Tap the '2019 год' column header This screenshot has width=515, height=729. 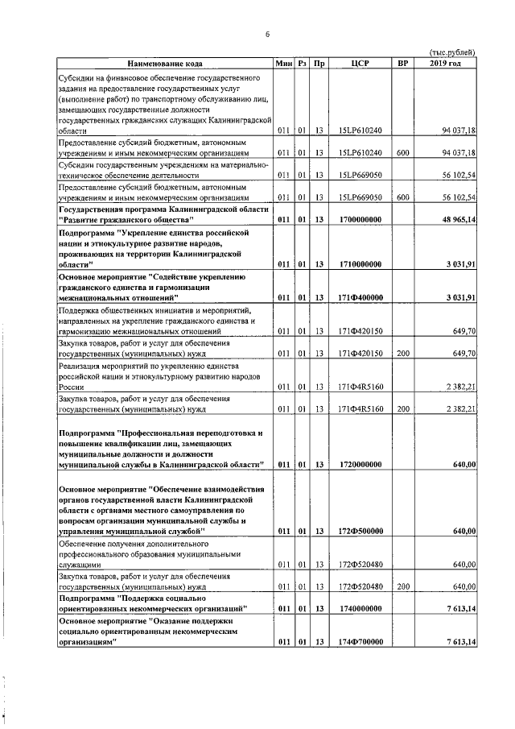coord(445,63)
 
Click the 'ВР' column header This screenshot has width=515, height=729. coord(403,63)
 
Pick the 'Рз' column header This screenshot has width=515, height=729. coord(302,63)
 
